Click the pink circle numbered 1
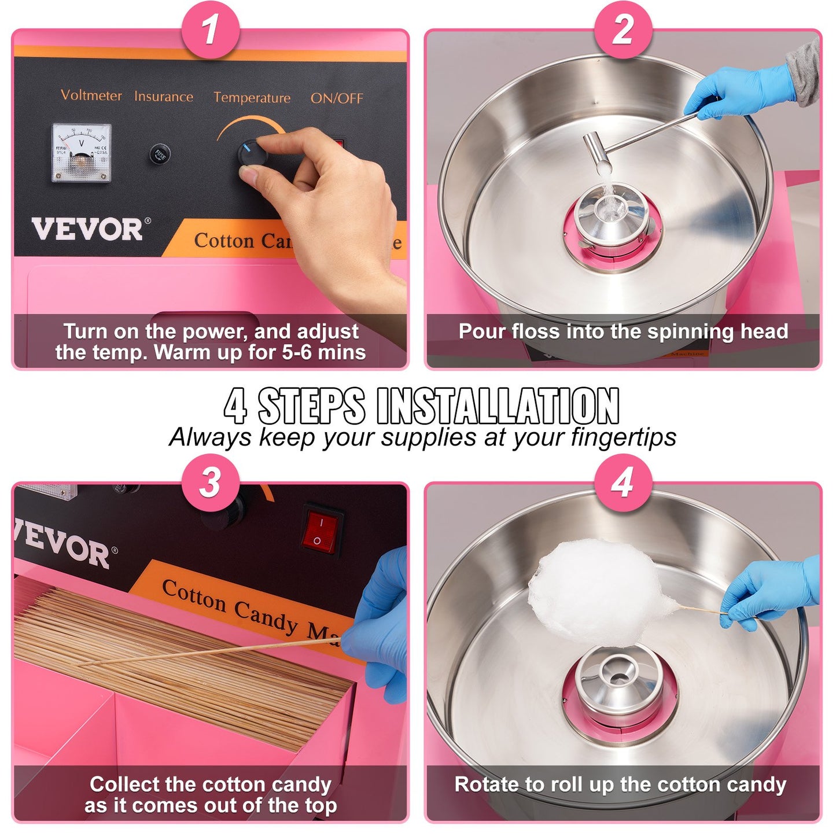click(211, 29)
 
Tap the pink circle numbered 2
click(623, 29)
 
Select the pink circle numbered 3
click(211, 482)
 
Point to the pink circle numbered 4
click(623, 482)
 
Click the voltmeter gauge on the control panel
click(81, 153)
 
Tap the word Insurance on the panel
click(164, 97)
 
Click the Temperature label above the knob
click(252, 98)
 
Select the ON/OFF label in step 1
click(337, 98)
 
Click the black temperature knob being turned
click(252, 154)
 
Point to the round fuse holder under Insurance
click(160, 154)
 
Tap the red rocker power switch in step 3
click(320, 531)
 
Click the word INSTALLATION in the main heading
click(498, 406)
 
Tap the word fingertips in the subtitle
click(623, 437)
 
